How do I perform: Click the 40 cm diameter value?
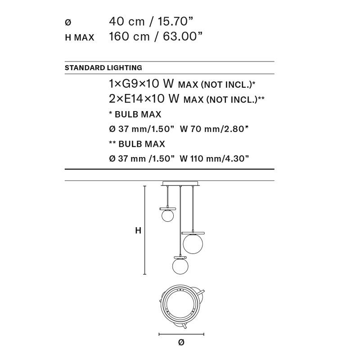click(127, 22)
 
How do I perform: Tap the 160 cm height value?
click(129, 36)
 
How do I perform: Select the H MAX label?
click(80, 37)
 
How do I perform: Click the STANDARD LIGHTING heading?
click(103, 68)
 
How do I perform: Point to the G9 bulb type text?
click(130, 84)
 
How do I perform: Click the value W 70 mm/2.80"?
click(214, 129)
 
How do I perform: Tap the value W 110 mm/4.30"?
click(214, 158)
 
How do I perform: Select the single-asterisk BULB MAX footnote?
click(135, 114)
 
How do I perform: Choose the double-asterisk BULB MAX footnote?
click(137, 144)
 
